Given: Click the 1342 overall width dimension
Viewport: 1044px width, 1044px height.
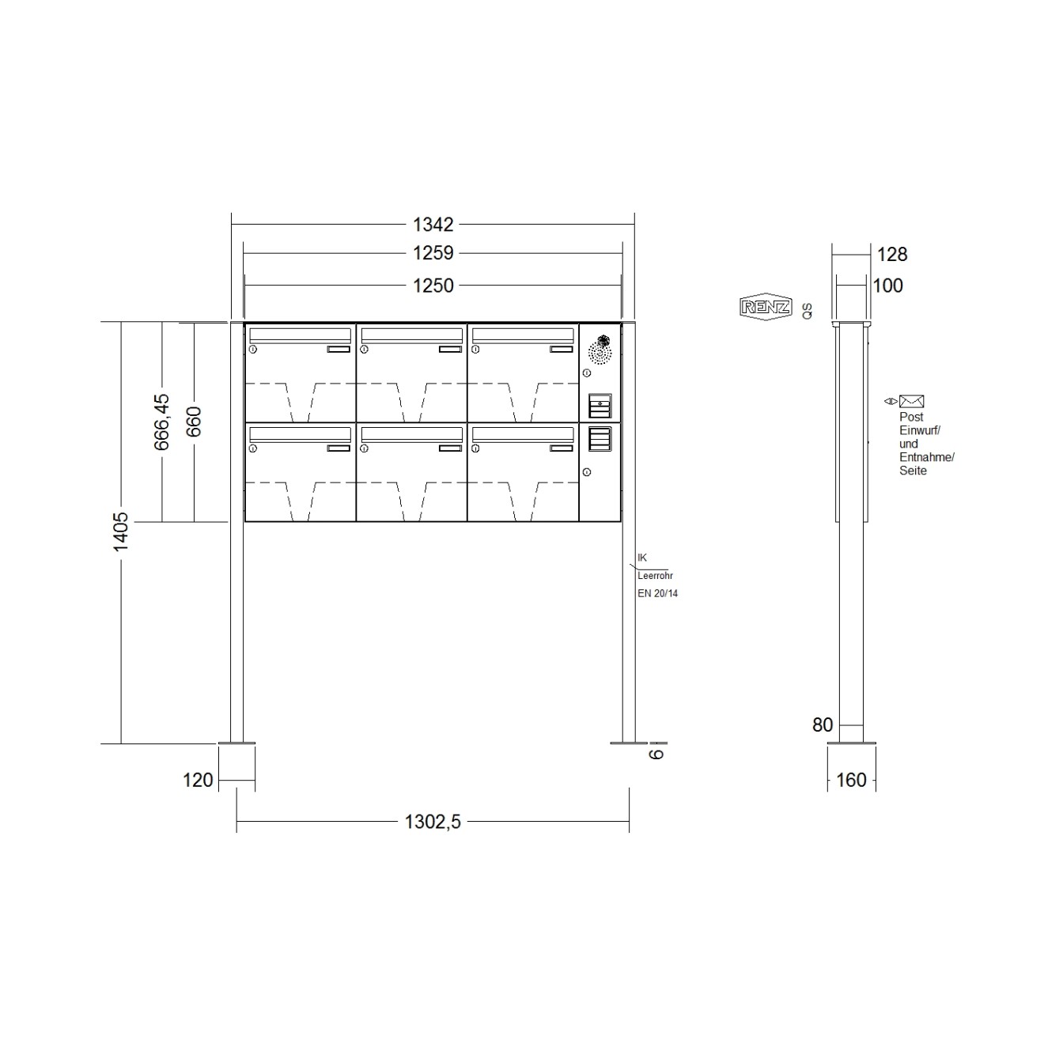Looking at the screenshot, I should [433, 225].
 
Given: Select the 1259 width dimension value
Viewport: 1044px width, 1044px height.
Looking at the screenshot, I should [433, 253].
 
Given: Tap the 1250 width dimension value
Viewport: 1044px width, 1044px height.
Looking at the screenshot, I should [433, 285].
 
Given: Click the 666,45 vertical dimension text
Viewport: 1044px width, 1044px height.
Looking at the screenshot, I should [161, 422].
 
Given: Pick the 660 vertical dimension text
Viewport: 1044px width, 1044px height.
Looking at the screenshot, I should [194, 422].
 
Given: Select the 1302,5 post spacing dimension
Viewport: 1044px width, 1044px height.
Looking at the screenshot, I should [433, 822].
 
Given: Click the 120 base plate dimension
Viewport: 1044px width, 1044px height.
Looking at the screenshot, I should [198, 780].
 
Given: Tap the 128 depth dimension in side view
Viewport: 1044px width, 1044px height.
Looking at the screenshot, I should [892, 254].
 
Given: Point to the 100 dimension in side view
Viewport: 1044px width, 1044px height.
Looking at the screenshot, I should [887, 286].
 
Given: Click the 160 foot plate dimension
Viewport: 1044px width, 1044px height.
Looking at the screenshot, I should [851, 780].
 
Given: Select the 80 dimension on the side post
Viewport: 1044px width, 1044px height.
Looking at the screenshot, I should [823, 724].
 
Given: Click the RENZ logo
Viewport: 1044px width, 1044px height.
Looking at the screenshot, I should [765, 308].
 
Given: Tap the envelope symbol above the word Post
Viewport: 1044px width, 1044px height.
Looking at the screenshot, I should [911, 402].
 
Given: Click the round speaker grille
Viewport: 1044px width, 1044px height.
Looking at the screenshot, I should [601, 350].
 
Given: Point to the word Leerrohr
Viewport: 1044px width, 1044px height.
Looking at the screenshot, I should [655, 576].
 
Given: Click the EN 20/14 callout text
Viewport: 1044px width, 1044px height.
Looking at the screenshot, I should [657, 593].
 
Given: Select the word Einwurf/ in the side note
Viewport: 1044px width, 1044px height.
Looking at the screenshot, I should [919, 430].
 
